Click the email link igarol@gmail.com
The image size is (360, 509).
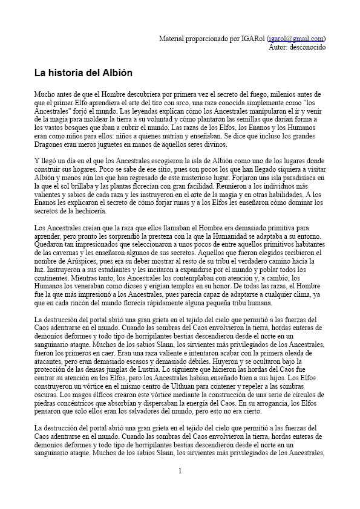point(296,38)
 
